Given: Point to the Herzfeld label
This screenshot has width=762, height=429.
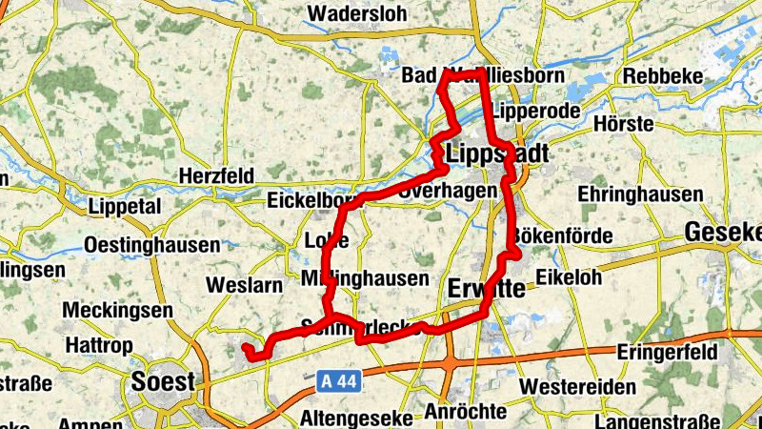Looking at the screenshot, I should click(x=216, y=176).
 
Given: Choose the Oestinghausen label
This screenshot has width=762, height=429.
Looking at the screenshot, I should click(x=151, y=245).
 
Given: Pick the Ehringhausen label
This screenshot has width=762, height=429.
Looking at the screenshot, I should click(x=640, y=194).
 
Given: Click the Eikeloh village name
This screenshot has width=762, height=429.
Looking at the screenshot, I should click(x=569, y=277).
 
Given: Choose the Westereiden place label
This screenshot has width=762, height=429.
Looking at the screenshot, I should click(x=578, y=387).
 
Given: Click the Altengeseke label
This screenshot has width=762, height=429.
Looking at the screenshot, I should click(x=356, y=418).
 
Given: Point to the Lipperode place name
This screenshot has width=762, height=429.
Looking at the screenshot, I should click(x=536, y=111).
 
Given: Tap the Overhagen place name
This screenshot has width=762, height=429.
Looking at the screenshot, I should click(x=449, y=191).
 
